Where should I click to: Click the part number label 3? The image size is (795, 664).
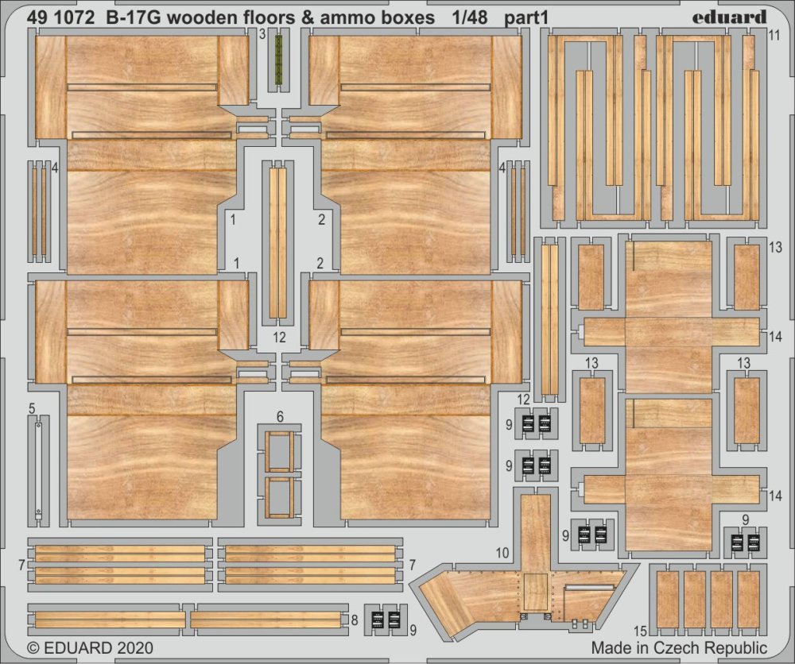[x=262, y=34]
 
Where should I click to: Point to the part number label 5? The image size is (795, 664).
[x=32, y=409]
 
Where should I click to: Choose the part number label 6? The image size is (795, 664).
[x=280, y=416]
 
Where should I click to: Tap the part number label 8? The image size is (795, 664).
[x=354, y=619]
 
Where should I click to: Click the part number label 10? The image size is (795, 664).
[x=501, y=552]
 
